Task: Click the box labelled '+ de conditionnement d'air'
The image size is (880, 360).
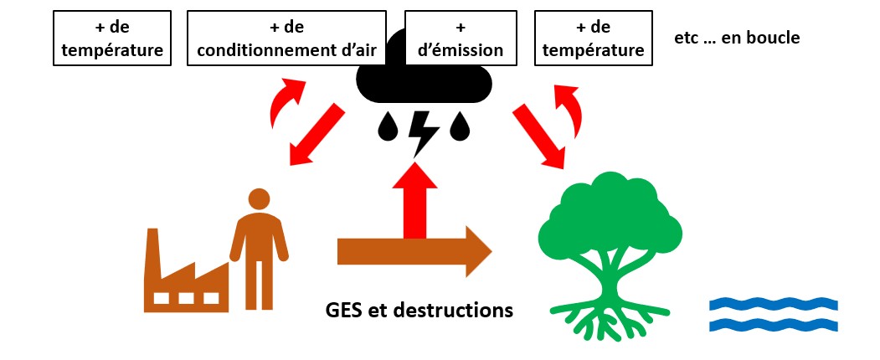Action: tap(286, 39)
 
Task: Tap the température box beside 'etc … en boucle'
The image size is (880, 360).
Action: tap(593, 39)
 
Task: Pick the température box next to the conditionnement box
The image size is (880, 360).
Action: tap(111, 39)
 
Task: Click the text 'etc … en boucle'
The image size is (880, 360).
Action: tap(737, 38)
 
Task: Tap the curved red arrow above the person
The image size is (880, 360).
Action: tap(284, 103)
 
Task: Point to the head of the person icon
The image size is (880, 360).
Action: tap(259, 199)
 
